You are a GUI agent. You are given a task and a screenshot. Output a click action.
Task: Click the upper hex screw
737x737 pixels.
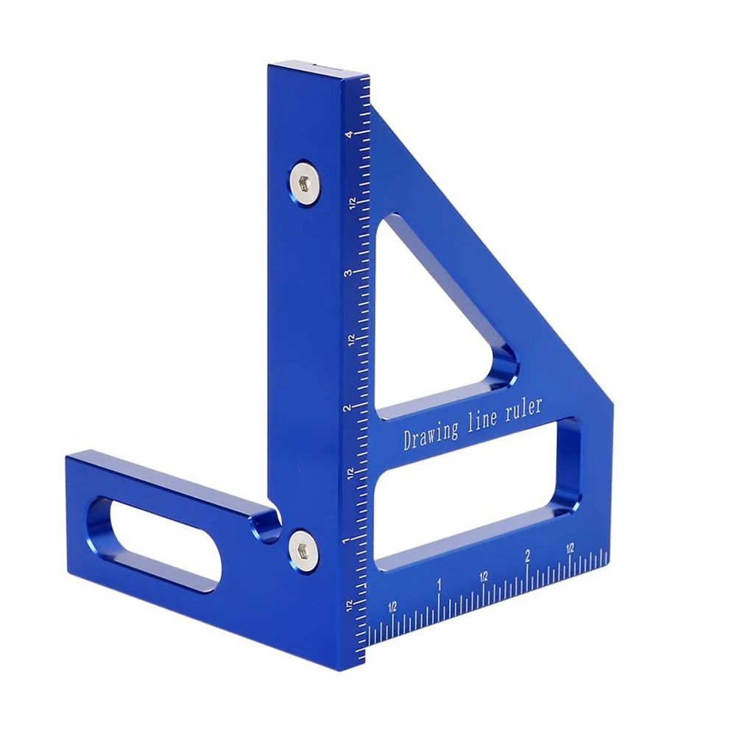click(x=306, y=179)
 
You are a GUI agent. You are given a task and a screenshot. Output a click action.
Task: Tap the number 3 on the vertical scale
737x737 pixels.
click(x=348, y=272)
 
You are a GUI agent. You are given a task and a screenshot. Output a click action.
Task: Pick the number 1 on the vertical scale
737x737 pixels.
click(x=345, y=541)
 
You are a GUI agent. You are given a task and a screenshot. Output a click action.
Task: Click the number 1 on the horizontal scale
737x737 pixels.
click(x=440, y=586)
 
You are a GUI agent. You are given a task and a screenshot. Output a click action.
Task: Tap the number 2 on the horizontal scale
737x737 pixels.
click(x=527, y=556)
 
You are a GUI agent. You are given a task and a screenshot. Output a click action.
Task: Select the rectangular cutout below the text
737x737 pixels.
click(x=471, y=501)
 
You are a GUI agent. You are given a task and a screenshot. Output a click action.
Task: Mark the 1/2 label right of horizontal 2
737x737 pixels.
click(x=570, y=549)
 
